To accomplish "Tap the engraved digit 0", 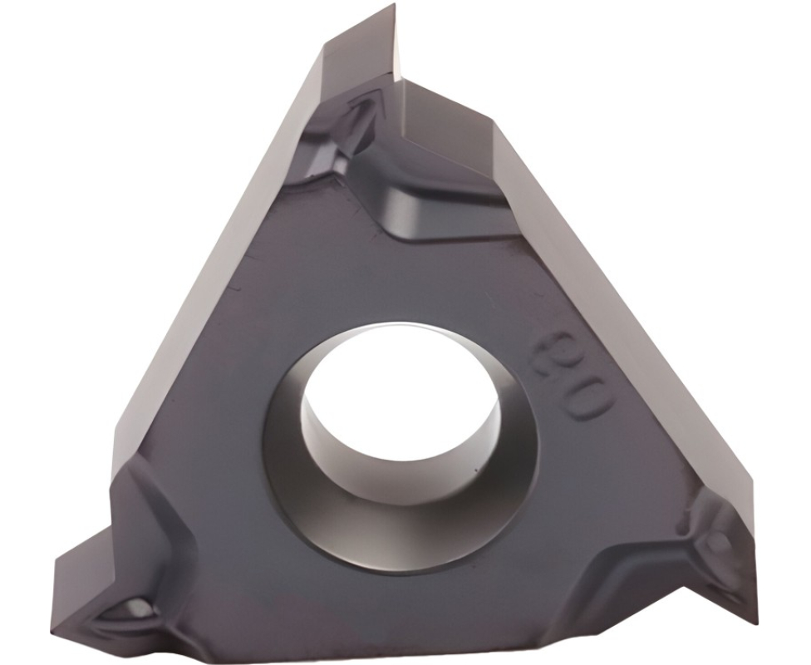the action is click(583, 398).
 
